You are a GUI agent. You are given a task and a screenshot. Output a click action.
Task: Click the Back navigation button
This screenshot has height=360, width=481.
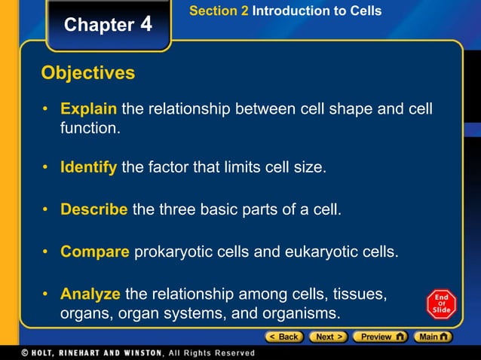tap(283, 337)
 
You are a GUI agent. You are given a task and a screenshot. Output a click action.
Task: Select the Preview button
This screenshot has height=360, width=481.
tap(381, 337)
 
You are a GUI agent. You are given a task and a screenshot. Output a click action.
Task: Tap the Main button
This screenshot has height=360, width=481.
tap(435, 337)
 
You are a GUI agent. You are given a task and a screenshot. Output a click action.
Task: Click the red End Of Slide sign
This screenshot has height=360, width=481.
tap(441, 304)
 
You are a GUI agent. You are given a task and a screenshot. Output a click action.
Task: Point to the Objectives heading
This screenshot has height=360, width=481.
tap(88, 73)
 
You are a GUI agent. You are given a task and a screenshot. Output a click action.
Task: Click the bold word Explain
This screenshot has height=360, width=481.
tap(88, 110)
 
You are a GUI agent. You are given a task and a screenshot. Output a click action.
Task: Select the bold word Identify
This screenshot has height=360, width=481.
tap(88, 166)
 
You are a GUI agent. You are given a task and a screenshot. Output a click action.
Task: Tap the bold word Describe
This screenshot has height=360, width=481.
tap(93, 209)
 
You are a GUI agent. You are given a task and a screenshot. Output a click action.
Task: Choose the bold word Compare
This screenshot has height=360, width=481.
tap(95, 251)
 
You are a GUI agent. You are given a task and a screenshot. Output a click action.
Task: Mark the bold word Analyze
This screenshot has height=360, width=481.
tap(90, 293)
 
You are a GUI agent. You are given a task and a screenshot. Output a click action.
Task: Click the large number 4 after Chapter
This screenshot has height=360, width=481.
tap(146, 24)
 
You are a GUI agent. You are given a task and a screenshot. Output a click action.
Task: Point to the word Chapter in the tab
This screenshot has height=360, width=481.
tap(99, 25)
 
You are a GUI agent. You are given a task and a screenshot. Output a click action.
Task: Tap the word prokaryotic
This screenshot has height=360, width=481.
tap(172, 251)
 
